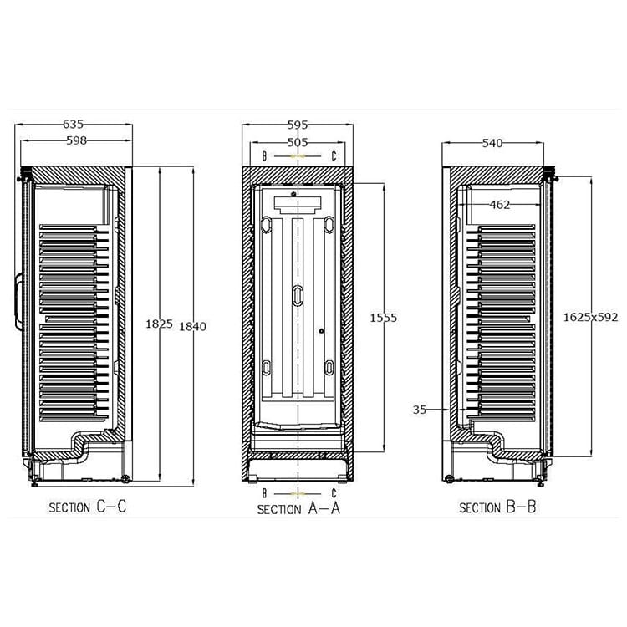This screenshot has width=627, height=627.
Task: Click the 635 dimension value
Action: pos(74,125)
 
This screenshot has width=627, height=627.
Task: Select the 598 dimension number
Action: pos(76,140)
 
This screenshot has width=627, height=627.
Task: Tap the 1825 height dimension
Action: pos(159,324)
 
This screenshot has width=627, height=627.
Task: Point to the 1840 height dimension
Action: pos(193,326)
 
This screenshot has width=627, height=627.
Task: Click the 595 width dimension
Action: pos(298,125)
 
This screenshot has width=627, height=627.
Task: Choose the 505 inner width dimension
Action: pos(298,142)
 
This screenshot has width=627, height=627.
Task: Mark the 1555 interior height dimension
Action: pos(384,318)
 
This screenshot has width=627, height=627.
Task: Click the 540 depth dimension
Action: pos(492,143)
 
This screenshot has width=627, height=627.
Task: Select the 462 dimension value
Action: pos(500,205)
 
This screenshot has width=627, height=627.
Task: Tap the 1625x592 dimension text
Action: pos(590,317)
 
